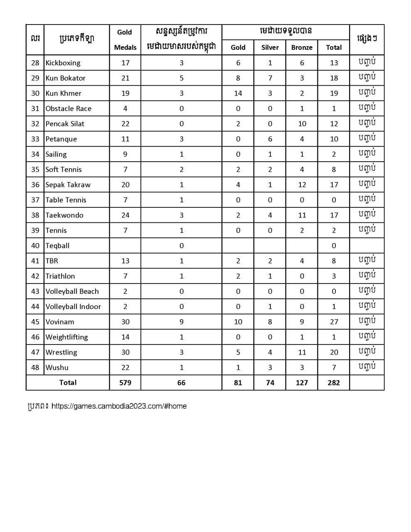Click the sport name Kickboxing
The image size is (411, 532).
(x=63, y=63)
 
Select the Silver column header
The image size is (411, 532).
(x=270, y=47)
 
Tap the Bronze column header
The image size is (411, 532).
(x=302, y=47)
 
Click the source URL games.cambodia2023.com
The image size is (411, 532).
(x=119, y=406)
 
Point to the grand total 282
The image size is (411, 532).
(x=334, y=383)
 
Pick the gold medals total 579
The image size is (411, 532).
(x=125, y=383)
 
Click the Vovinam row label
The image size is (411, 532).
(x=60, y=322)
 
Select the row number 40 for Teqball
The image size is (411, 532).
(x=35, y=246)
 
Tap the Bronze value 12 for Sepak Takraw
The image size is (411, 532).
(x=302, y=185)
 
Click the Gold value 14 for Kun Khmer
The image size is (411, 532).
(x=238, y=93)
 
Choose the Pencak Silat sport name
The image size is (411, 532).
(x=65, y=124)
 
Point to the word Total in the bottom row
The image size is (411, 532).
(x=68, y=382)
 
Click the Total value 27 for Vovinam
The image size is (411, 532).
(x=334, y=322)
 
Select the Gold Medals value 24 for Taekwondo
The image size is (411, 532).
(x=125, y=215)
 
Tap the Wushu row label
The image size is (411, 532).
(x=57, y=367)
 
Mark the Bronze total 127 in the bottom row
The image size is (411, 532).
(x=302, y=383)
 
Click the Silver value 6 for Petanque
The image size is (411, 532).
(x=270, y=139)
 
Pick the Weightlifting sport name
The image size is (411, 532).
(x=66, y=337)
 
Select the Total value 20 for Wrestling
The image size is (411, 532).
(x=334, y=352)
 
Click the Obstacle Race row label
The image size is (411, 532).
(x=68, y=108)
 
